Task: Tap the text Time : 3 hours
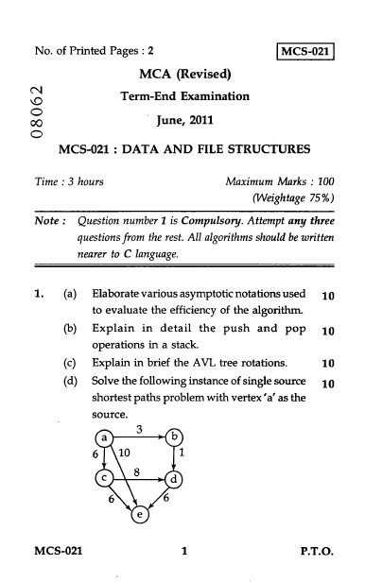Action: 72,180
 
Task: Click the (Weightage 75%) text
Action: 296,199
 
